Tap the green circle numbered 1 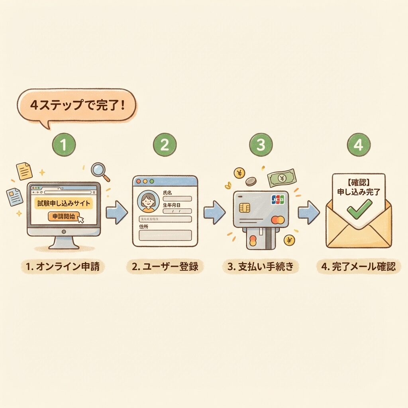pos(64,145)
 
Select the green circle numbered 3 pos(261,145)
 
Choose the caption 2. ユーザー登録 pos(165,267)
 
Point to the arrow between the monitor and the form pos(117,212)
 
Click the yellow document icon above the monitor pos(24,170)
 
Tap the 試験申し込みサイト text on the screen pos(63,203)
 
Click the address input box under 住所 pos(165,235)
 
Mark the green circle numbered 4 pos(358,145)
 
